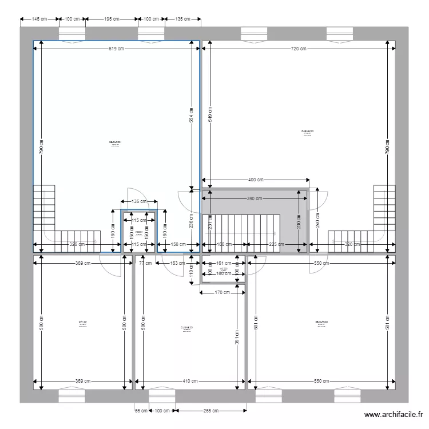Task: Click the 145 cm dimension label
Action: [x=39, y=19]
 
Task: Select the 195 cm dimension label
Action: [x=112, y=19]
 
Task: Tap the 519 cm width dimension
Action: [x=117, y=49]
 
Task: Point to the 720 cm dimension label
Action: [x=299, y=49]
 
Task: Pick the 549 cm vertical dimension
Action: [x=210, y=114]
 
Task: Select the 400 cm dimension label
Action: [x=256, y=180]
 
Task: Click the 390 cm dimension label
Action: [x=255, y=199]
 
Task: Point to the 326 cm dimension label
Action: [x=77, y=245]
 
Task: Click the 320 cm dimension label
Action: [x=353, y=245]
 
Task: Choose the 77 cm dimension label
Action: [x=145, y=264]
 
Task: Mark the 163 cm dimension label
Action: [x=178, y=264]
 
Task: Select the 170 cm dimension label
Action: [x=223, y=293]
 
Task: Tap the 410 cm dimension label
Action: [x=190, y=382]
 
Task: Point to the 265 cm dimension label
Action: [x=212, y=411]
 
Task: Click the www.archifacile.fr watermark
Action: [x=394, y=415]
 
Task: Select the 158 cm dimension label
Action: [x=178, y=245]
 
